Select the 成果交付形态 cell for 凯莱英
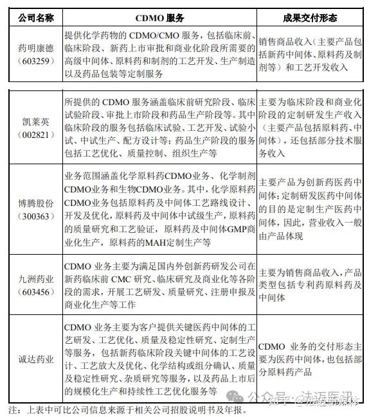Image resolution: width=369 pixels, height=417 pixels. coord(311,127)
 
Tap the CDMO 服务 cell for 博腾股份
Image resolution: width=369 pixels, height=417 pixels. coord(159,208)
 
